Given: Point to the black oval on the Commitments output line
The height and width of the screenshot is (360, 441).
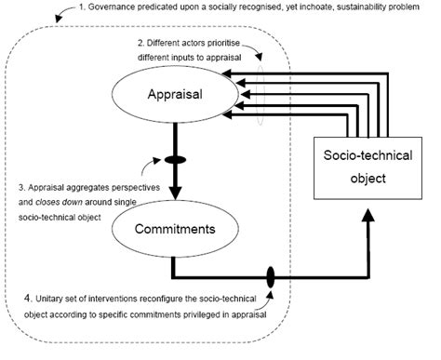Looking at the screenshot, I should point(271,277).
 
